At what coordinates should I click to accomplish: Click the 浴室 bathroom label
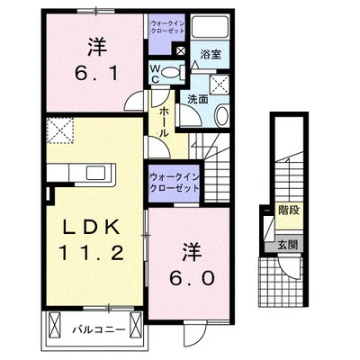[x=211, y=54]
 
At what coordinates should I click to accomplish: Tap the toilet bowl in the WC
[x=170, y=72]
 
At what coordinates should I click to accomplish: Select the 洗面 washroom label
[x=198, y=100]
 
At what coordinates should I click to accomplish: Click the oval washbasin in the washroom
[x=221, y=115]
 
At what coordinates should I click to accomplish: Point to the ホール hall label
[x=163, y=121]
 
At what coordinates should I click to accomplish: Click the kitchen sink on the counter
[x=96, y=173]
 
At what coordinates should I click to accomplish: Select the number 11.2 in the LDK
[x=92, y=253]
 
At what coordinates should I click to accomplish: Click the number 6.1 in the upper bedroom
[x=96, y=74]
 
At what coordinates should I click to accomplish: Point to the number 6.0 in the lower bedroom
[x=192, y=278]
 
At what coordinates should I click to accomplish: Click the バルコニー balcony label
[x=98, y=330]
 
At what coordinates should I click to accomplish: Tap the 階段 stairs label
[x=289, y=211]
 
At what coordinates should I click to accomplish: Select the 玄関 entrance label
[x=287, y=245]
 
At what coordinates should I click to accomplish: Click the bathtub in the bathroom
[x=210, y=27]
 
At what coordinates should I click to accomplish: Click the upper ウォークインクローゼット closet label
[x=167, y=27]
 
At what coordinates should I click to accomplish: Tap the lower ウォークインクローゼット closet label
[x=174, y=183]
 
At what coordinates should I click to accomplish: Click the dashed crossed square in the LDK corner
[x=60, y=130]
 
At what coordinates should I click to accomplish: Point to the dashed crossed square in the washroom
[x=220, y=84]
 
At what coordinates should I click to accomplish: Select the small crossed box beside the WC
[x=181, y=50]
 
